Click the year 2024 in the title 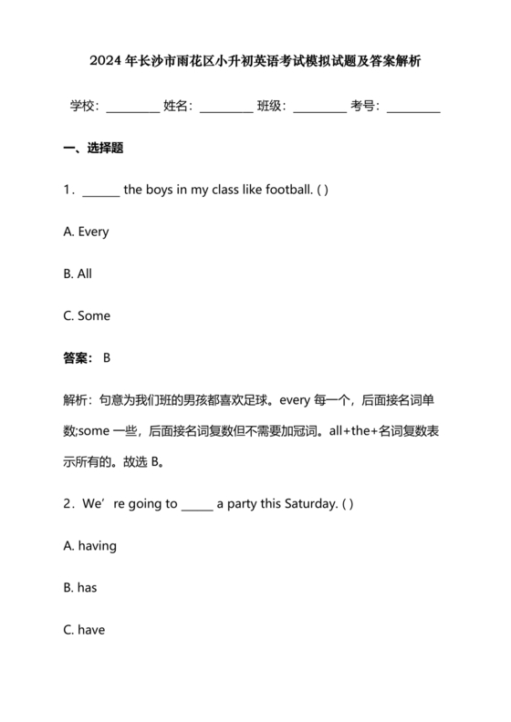pos(105,62)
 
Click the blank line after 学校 pos(132,107)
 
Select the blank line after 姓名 pos(225,107)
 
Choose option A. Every pos(86,232)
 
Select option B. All pos(78,273)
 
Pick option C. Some pos(87,315)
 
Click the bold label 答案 pos(77,358)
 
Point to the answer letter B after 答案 pos(107,358)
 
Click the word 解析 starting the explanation pos(77,400)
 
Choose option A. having pos(90,545)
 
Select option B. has pos(80,587)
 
